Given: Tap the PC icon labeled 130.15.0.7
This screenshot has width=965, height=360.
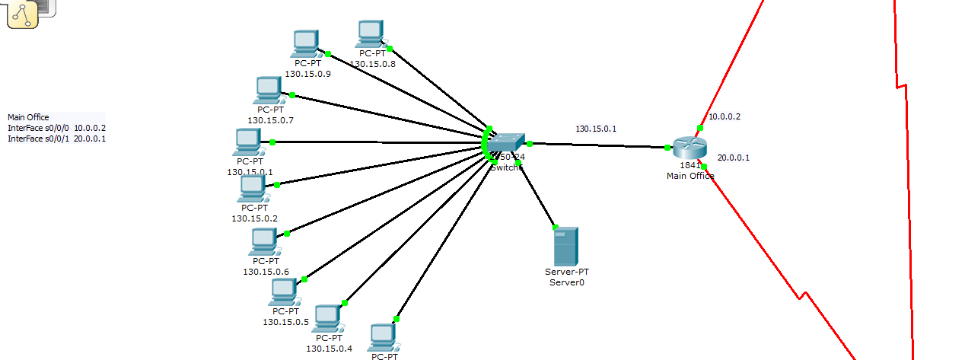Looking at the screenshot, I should click(269, 90).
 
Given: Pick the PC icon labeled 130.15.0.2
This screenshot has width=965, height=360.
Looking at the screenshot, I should click(253, 187).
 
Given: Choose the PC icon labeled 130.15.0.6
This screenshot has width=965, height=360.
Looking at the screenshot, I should click(263, 241).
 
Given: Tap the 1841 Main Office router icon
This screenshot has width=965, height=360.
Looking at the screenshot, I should click(690, 148).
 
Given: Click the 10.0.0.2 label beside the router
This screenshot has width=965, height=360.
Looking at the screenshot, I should click(725, 117).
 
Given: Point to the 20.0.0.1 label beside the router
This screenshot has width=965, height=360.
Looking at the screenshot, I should click(734, 158).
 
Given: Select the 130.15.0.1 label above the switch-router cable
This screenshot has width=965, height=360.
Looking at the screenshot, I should click(596, 129).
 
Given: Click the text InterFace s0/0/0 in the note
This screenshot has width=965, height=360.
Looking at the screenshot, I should click(38, 128).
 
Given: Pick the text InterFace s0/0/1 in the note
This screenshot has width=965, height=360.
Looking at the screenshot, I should click(38, 139).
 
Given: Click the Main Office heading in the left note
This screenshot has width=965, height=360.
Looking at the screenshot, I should click(28, 117).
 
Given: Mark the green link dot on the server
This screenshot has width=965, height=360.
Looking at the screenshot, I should click(555, 227).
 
